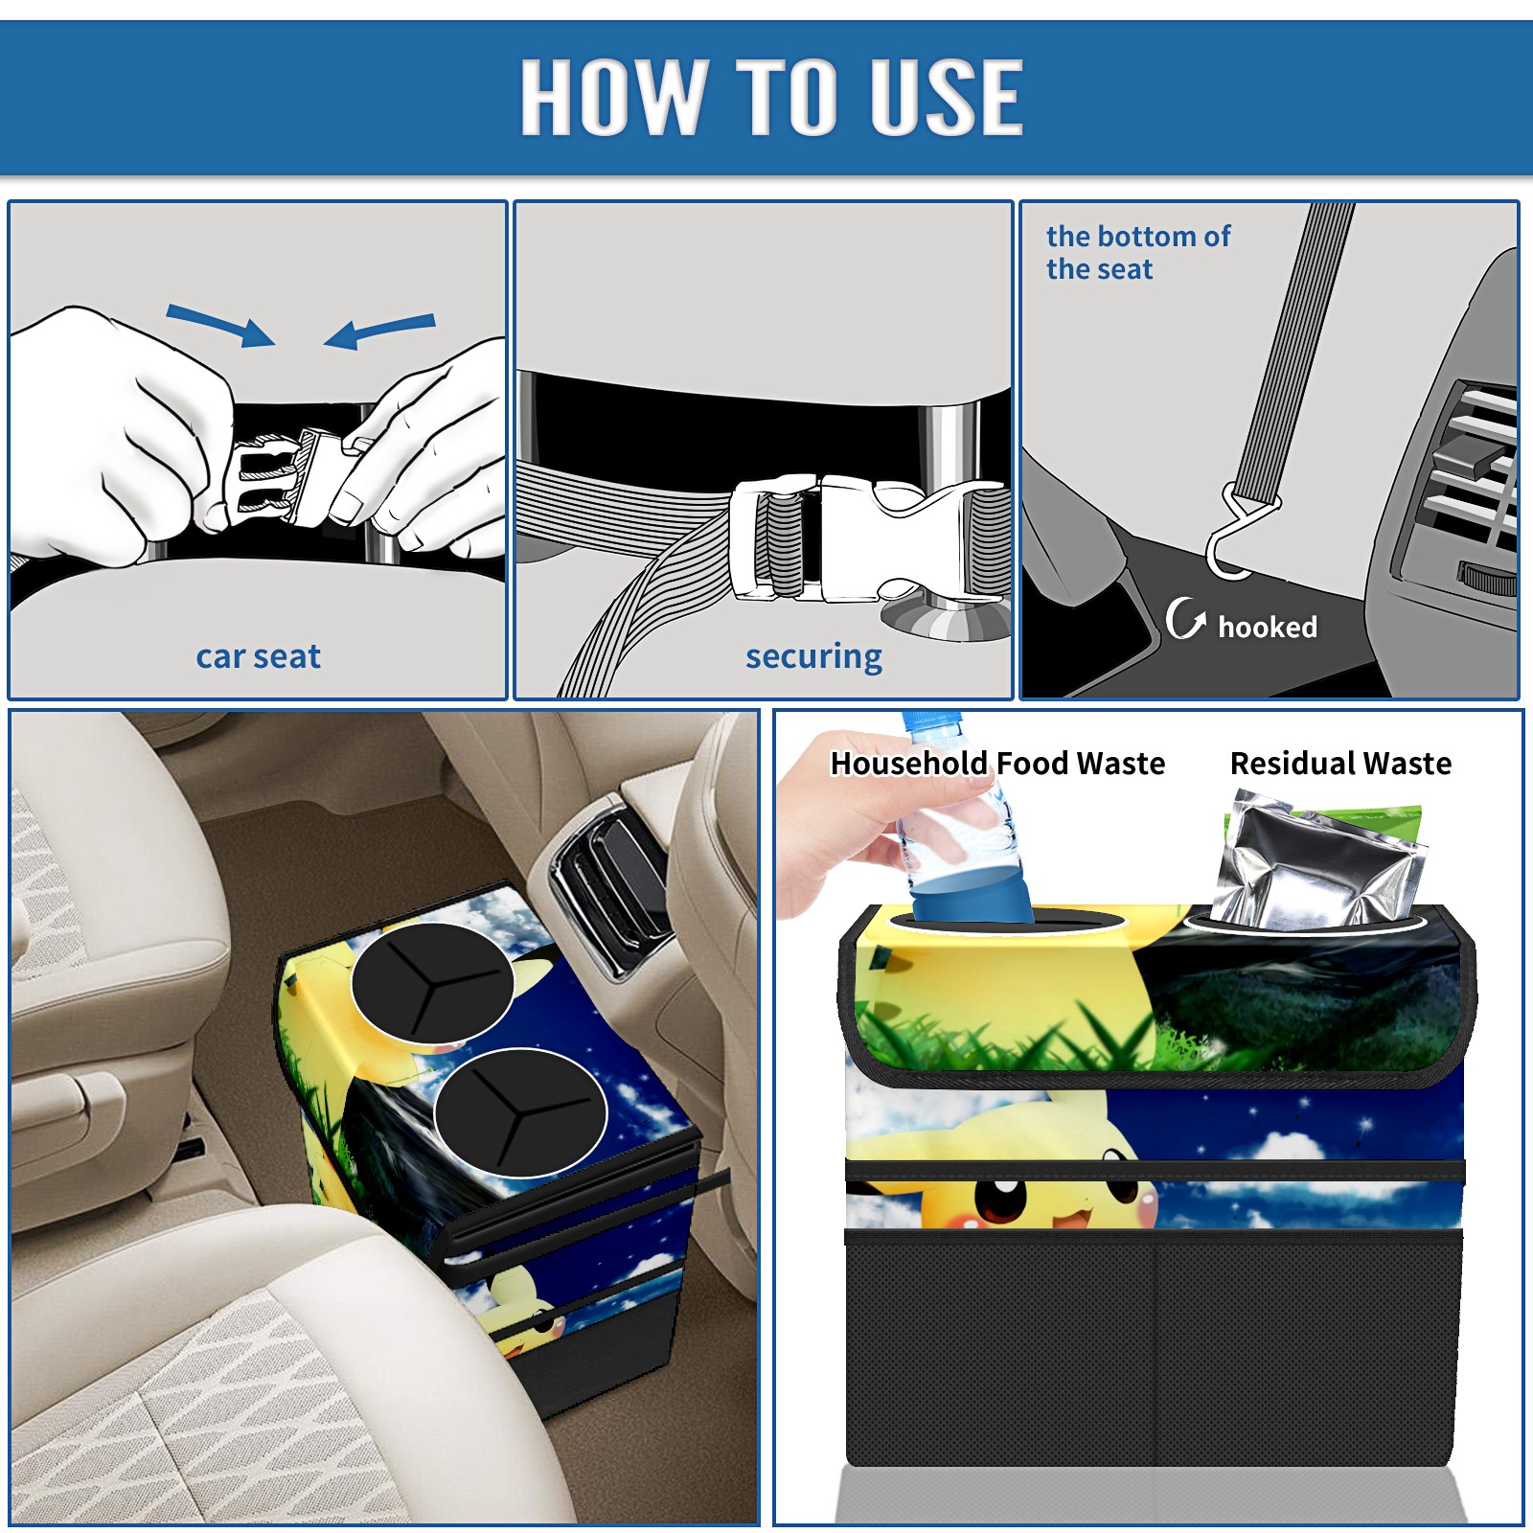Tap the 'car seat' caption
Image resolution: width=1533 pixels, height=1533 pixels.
pyautogui.click(x=258, y=656)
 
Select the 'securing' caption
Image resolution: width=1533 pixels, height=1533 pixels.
pyautogui.click(x=813, y=657)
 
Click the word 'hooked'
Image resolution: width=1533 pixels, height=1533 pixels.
pyautogui.click(x=1268, y=627)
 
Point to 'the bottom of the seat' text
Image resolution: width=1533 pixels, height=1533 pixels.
pyautogui.click(x=1137, y=252)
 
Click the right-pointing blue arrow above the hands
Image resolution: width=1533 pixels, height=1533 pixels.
pyautogui.click(x=220, y=325)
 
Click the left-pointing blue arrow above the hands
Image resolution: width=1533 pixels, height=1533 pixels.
pyautogui.click(x=379, y=332)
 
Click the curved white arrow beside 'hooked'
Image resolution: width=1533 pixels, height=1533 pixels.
pyautogui.click(x=1184, y=618)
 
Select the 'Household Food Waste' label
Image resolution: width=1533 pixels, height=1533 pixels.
pyautogui.click(x=997, y=763)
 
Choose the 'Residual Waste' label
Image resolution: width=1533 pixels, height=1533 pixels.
pyautogui.click(x=1340, y=763)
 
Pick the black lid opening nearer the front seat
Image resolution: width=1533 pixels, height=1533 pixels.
pyautogui.click(x=520, y=1111)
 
